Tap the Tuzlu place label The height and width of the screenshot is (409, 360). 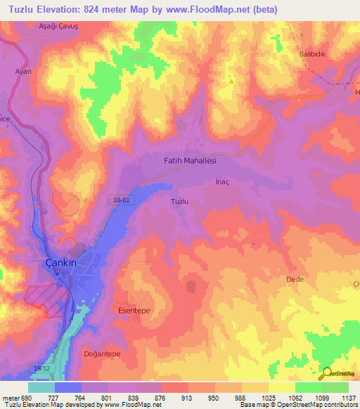click(179, 201)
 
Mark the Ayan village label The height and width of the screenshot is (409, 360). click(25, 72)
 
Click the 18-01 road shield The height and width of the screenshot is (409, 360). click(122, 200)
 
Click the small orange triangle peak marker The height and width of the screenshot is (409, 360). click(231, 81)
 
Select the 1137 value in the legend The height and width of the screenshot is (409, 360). click(347, 398)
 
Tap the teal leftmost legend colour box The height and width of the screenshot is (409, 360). click(41, 387)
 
